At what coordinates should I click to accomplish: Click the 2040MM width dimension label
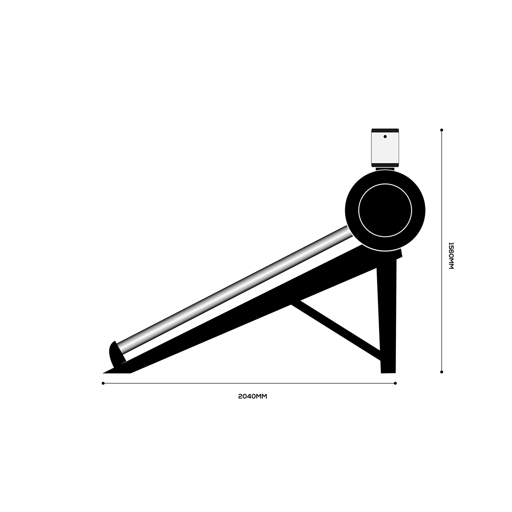(252, 396)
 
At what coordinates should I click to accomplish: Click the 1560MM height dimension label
(451, 256)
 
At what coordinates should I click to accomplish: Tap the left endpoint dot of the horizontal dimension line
(103, 383)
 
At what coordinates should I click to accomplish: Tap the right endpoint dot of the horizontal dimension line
(395, 383)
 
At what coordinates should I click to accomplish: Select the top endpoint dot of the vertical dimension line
(442, 130)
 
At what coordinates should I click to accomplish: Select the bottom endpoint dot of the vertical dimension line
(442, 372)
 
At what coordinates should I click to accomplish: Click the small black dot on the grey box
(385, 137)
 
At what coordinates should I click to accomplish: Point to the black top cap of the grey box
(385, 130)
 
